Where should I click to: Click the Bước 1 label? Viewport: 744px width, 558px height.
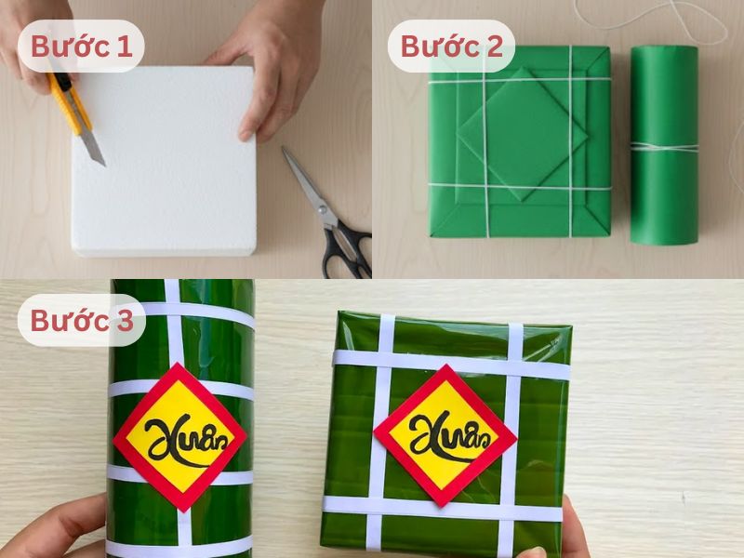[x=81, y=46]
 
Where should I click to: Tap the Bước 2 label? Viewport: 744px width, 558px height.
[x=451, y=46]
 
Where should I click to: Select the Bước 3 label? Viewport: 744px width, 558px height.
[x=81, y=321]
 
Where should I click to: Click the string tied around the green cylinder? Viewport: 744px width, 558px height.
[x=663, y=146]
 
